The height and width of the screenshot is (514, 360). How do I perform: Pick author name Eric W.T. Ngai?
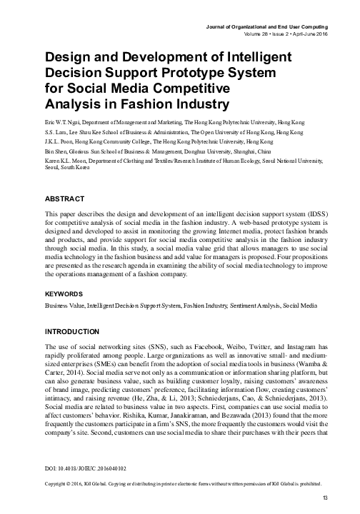click(61, 123)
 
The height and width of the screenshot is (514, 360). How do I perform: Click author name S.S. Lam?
click(56, 133)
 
